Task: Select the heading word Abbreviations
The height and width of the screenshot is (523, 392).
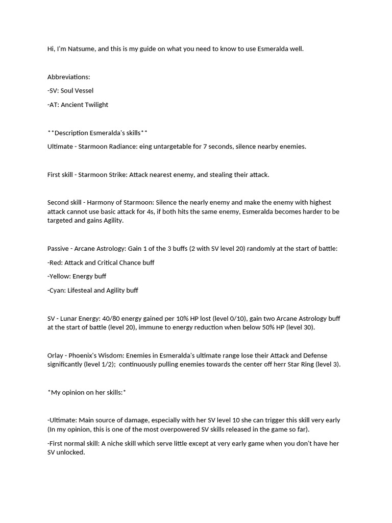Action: [68, 77]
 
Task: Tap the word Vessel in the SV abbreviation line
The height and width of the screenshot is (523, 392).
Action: [85, 91]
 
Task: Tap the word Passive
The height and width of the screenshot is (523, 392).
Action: [58, 249]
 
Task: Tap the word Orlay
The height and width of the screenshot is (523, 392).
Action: [57, 355]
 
